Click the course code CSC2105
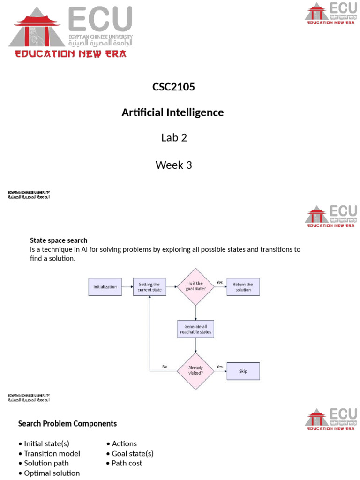coord(173,87)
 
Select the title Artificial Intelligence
coord(172,113)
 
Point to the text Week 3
coord(173,165)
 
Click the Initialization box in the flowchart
coord(105,287)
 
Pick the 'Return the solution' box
coord(243,287)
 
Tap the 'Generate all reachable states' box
coord(195,329)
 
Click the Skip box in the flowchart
coord(243,371)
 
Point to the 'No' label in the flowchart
coord(165,367)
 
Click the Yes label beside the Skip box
coord(219,367)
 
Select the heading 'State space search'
coord(59,240)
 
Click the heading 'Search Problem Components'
coord(67,424)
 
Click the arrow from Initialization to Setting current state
coord(127,287)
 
